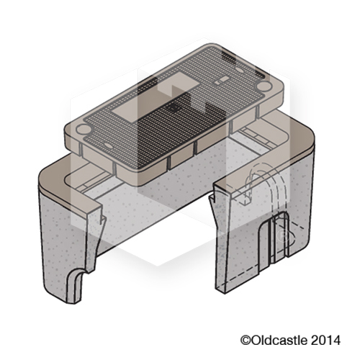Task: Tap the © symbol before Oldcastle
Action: point(244,338)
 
